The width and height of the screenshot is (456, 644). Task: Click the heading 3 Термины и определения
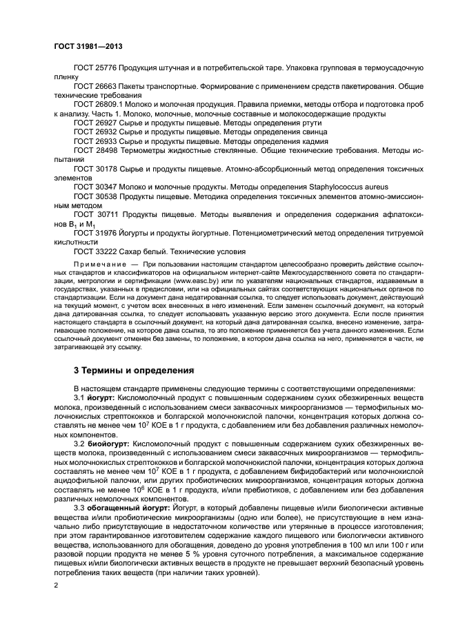tap(134, 369)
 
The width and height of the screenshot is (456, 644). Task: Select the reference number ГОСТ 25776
tap(95, 70)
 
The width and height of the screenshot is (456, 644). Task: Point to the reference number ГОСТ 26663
tap(95, 87)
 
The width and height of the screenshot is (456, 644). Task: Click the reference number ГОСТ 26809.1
tap(98, 105)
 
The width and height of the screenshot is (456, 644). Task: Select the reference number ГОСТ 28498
tap(95, 149)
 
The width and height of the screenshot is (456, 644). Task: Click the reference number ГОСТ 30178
tap(95, 168)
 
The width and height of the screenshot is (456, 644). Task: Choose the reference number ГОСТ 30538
tap(95, 196)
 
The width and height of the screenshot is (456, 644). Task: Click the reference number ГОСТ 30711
tap(95, 214)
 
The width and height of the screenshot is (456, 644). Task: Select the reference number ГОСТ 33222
tap(95, 251)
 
